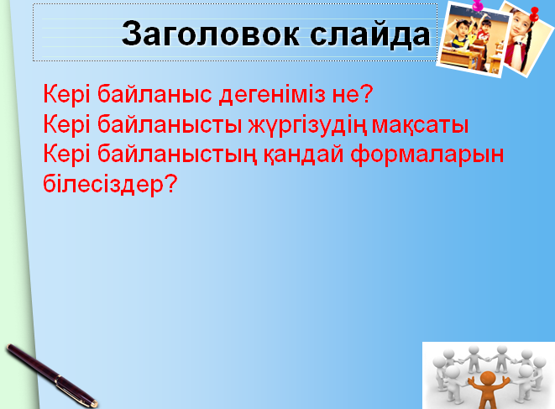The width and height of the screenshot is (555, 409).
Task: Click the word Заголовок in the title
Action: point(211,34)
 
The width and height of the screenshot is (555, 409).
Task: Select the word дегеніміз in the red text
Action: point(272,96)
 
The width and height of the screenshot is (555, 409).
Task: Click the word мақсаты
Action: point(420,125)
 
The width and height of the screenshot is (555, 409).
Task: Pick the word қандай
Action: point(303,155)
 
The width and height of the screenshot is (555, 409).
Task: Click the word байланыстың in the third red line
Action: point(176,155)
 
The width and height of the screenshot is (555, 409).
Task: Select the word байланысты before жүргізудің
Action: point(170,125)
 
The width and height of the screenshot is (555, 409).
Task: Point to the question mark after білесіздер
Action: point(170,183)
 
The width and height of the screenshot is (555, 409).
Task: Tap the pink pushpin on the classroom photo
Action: point(478,5)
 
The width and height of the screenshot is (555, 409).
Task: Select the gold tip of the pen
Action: point(94,403)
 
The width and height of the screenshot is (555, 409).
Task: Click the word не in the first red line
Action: point(345,96)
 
